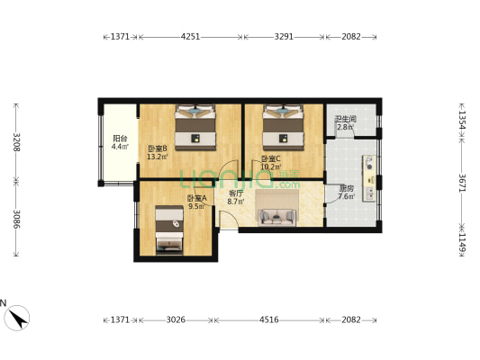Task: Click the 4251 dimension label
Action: pyautogui.click(x=190, y=37)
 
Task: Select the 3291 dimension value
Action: pyautogui.click(x=284, y=37)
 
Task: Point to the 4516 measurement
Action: pyautogui.click(x=269, y=319)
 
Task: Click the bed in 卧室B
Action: pyautogui.click(x=195, y=126)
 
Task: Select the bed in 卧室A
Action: pyautogui.click(x=168, y=230)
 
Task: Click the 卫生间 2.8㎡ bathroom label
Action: pyautogui.click(x=345, y=122)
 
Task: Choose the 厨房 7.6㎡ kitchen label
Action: pyautogui.click(x=346, y=193)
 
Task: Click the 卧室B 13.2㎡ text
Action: pyautogui.click(x=157, y=152)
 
